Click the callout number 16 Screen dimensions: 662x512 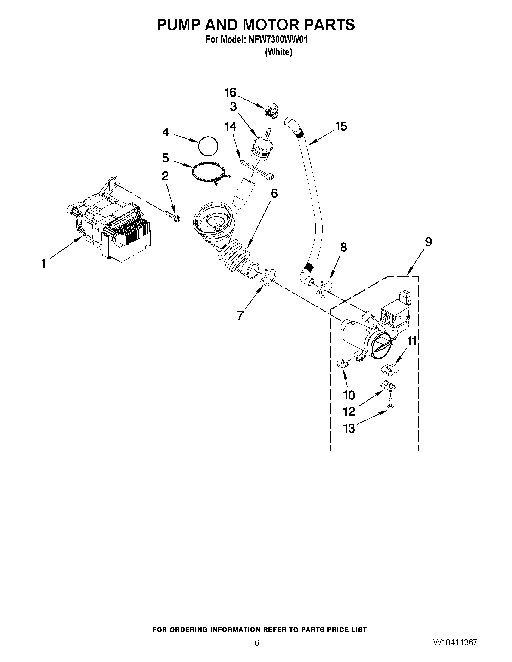click(x=230, y=92)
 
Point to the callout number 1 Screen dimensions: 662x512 click(x=44, y=263)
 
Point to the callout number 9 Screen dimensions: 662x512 click(x=428, y=242)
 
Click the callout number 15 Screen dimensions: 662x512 click(x=341, y=126)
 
